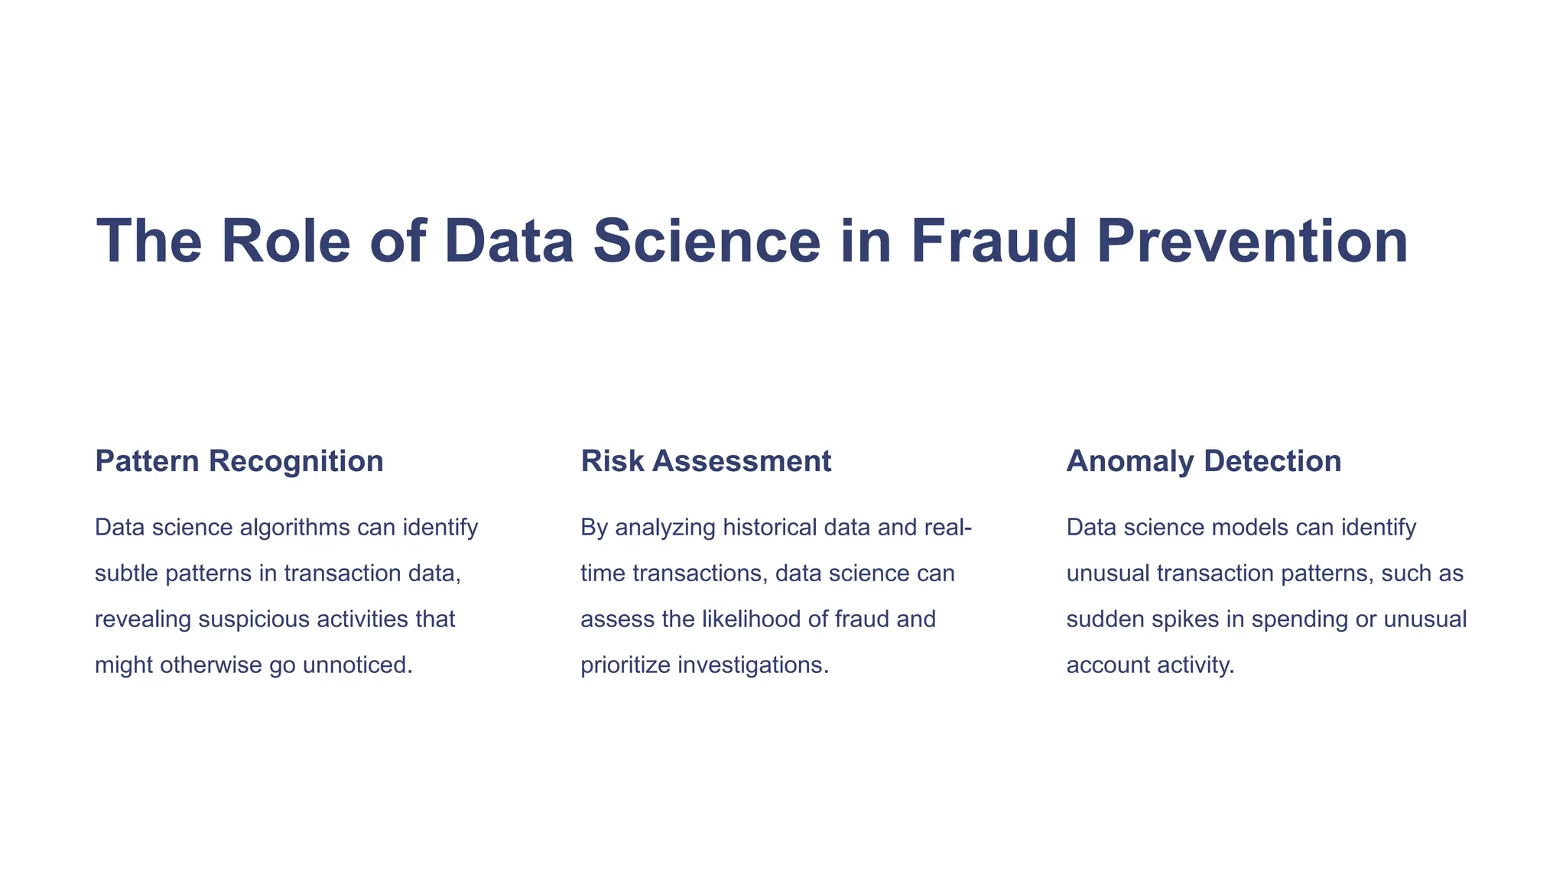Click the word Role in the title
285,241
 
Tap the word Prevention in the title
1252,241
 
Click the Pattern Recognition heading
239,461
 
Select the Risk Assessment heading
706,461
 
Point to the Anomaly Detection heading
1204,461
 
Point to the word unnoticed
357,665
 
